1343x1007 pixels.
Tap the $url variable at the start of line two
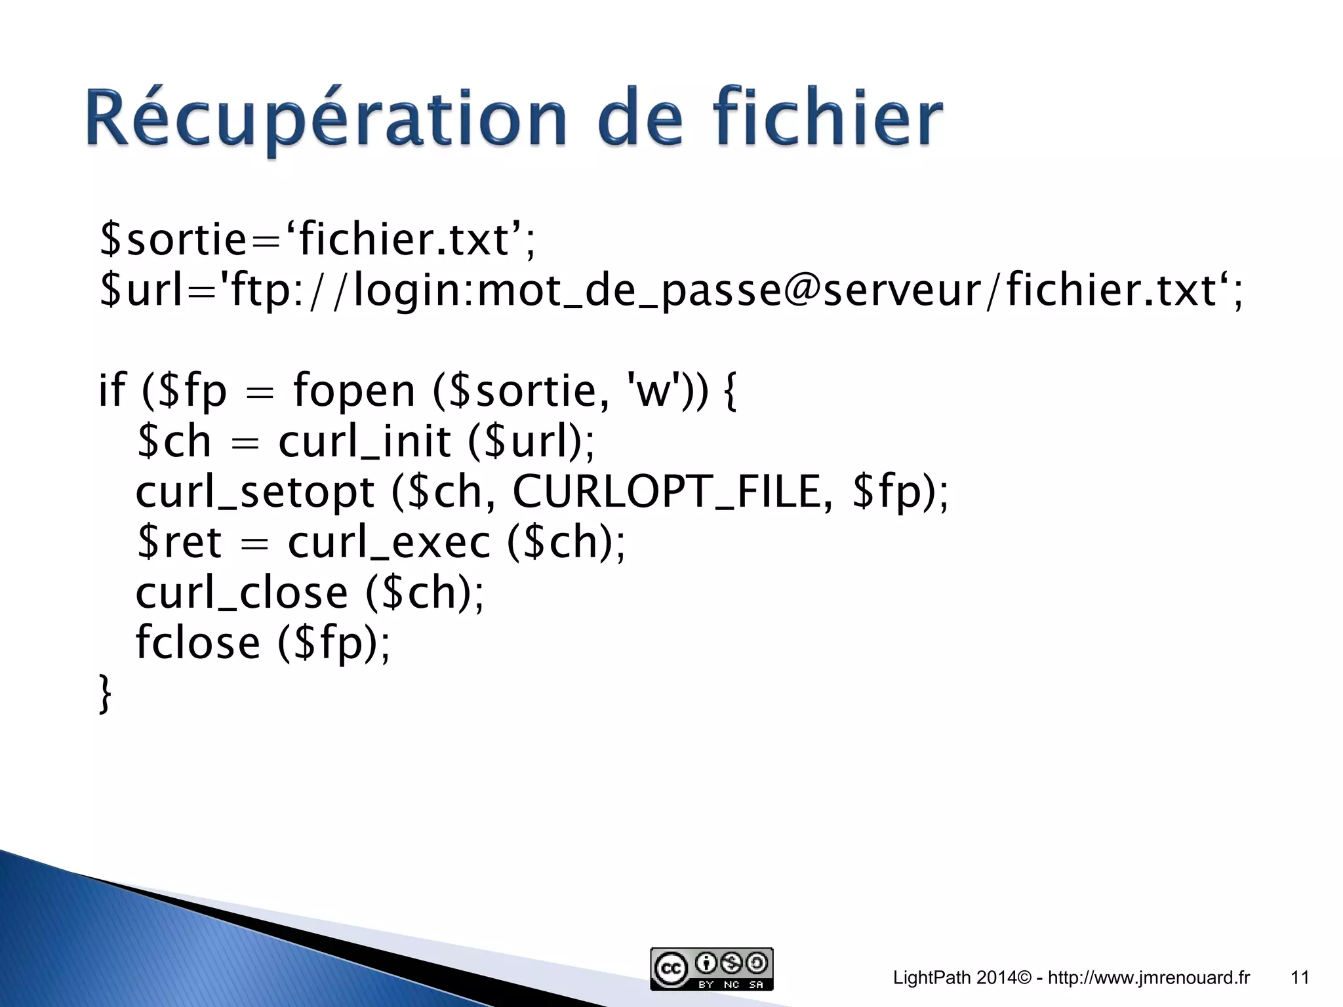click(141, 290)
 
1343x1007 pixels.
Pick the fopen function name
click(353, 391)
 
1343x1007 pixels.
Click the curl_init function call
click(365, 441)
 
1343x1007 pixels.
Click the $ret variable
click(179, 543)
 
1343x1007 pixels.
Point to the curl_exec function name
click(388, 543)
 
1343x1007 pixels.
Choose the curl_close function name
click(241, 593)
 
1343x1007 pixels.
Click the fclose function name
click(197, 642)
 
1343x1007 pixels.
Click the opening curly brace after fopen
click(730, 391)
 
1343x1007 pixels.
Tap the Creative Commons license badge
click(712, 969)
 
